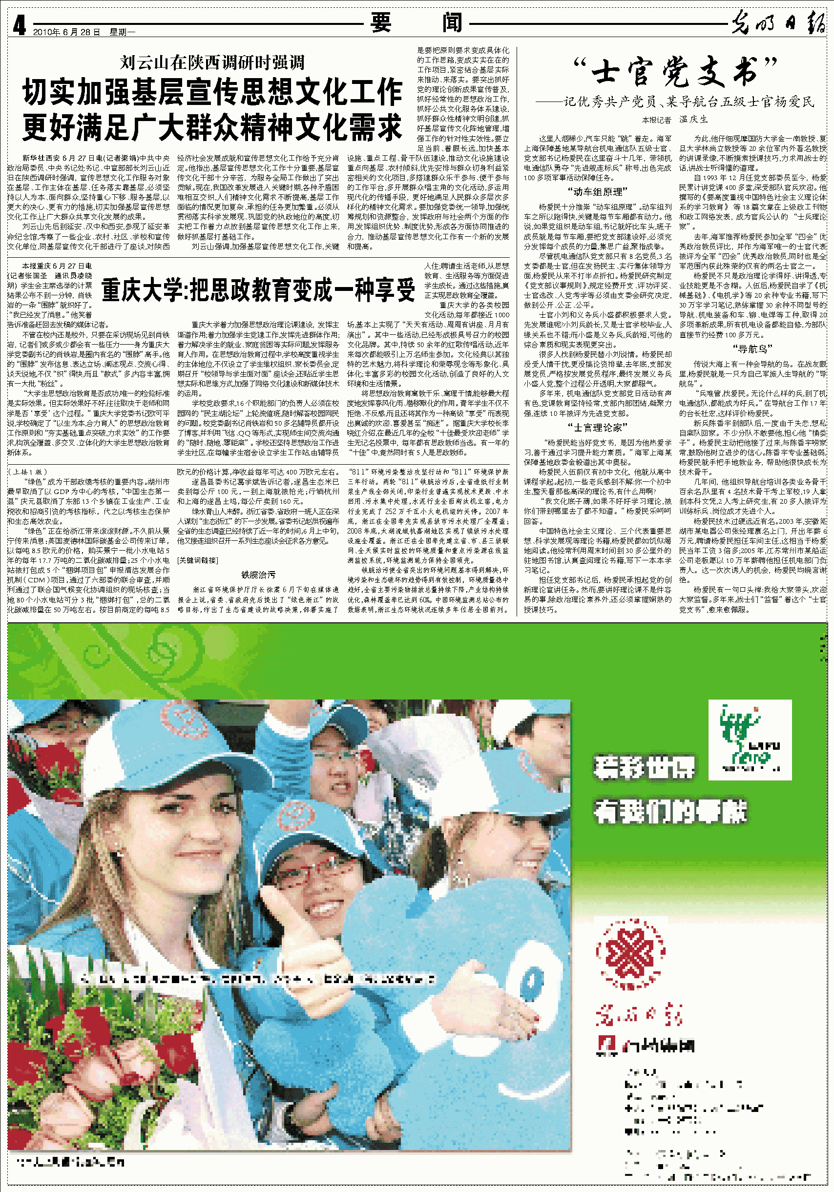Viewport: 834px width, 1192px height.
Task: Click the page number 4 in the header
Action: click(19, 25)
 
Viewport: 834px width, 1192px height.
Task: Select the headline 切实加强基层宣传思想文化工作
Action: click(212, 92)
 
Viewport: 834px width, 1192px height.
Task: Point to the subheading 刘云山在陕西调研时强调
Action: click(212, 63)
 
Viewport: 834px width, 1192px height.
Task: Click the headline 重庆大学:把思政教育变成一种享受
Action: click(258, 289)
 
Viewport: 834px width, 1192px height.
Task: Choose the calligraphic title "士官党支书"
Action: click(675, 72)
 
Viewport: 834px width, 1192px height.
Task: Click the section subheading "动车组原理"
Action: click(597, 191)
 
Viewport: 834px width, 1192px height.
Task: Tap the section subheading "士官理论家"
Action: click(597, 427)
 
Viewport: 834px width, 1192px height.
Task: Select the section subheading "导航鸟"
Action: click(752, 349)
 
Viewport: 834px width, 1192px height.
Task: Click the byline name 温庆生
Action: click(693, 120)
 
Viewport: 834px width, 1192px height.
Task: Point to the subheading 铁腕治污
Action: click(258, 575)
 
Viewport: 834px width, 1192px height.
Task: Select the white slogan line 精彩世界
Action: click(644, 767)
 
